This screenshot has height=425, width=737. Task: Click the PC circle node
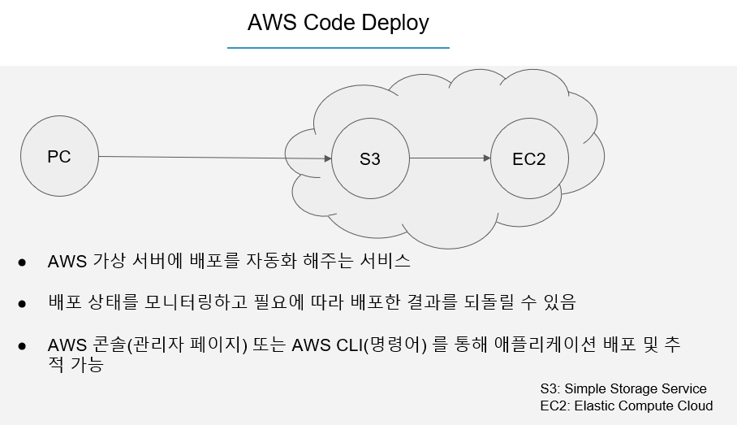tap(58, 157)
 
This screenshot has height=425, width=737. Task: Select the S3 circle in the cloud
tap(370, 158)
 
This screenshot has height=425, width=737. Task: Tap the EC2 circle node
tap(529, 158)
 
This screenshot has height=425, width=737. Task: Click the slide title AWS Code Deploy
tap(338, 23)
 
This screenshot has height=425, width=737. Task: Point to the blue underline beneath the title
tap(338, 48)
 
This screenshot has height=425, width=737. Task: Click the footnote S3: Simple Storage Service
tap(623, 388)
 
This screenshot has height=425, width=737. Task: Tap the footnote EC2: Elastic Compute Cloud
tap(626, 405)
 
